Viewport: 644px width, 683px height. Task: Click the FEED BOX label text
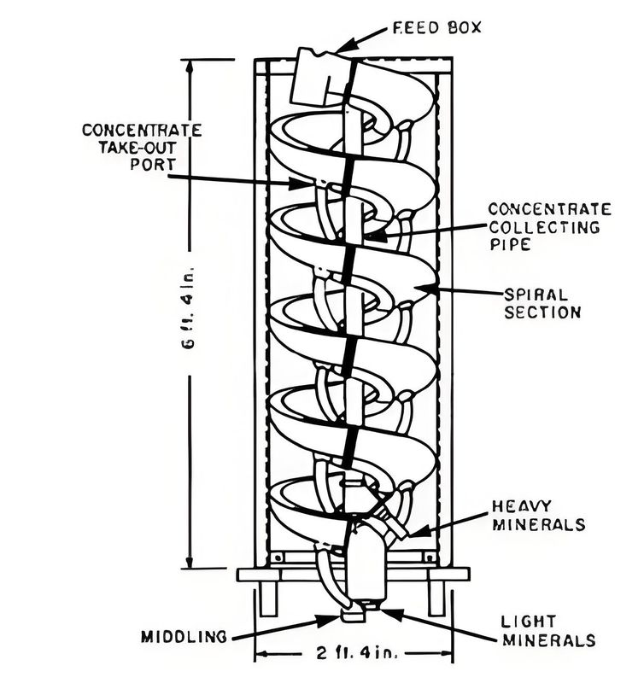point(436,27)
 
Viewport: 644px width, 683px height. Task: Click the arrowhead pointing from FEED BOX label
point(342,49)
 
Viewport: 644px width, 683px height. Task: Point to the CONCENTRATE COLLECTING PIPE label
point(549,226)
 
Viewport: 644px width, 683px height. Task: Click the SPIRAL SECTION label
point(542,302)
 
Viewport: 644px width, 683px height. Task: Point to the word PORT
point(142,165)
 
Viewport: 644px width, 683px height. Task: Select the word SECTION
point(542,312)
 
